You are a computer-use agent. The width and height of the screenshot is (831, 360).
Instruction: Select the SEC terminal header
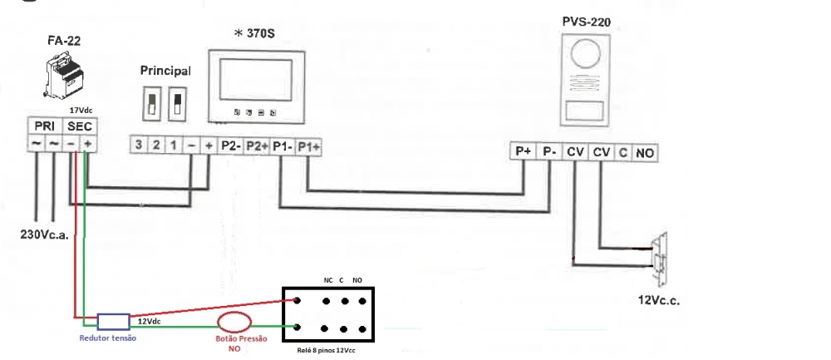pyautogui.click(x=80, y=125)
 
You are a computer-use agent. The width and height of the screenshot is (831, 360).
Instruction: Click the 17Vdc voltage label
pyautogui.click(x=81, y=109)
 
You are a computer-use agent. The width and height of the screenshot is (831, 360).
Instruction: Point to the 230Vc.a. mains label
pyautogui.click(x=43, y=234)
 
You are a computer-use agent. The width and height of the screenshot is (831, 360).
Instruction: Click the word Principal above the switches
pyautogui.click(x=165, y=72)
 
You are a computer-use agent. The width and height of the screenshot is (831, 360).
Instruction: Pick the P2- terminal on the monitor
pyautogui.click(x=230, y=145)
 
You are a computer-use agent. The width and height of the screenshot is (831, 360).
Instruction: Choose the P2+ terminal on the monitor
pyautogui.click(x=257, y=145)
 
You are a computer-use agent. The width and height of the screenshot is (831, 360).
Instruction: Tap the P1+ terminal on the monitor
pyautogui.click(x=308, y=145)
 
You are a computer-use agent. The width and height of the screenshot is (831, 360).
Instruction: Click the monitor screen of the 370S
pyautogui.click(x=255, y=81)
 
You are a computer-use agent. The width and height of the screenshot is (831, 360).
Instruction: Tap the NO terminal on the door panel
pyautogui.click(x=645, y=153)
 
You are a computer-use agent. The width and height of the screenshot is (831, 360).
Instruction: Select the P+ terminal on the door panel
pyautogui.click(x=523, y=152)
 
